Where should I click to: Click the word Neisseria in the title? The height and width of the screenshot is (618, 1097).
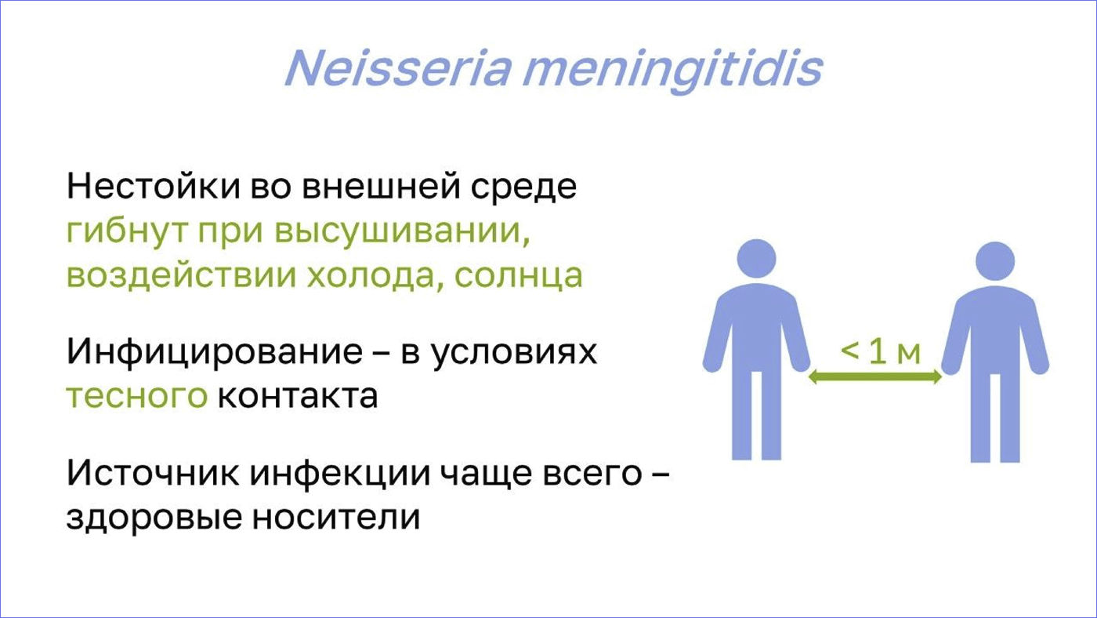(x=399, y=67)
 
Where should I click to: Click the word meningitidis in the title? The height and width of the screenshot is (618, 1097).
(x=673, y=71)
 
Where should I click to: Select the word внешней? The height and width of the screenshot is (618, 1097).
(x=382, y=187)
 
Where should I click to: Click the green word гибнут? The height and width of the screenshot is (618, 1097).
(x=127, y=231)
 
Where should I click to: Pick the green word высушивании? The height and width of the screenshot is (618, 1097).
(x=402, y=231)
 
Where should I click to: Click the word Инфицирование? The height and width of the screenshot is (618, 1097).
(x=215, y=352)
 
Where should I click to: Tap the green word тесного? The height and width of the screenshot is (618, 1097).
(x=137, y=396)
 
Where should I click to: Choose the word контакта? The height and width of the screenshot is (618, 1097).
(x=298, y=396)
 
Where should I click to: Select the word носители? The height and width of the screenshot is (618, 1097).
(x=336, y=518)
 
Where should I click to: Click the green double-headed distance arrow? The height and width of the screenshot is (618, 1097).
(x=875, y=377)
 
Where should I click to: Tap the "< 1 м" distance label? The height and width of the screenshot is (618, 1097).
(x=881, y=351)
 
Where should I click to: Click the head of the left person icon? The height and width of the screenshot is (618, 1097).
(x=756, y=259)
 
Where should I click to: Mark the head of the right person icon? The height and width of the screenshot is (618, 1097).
(x=994, y=261)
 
